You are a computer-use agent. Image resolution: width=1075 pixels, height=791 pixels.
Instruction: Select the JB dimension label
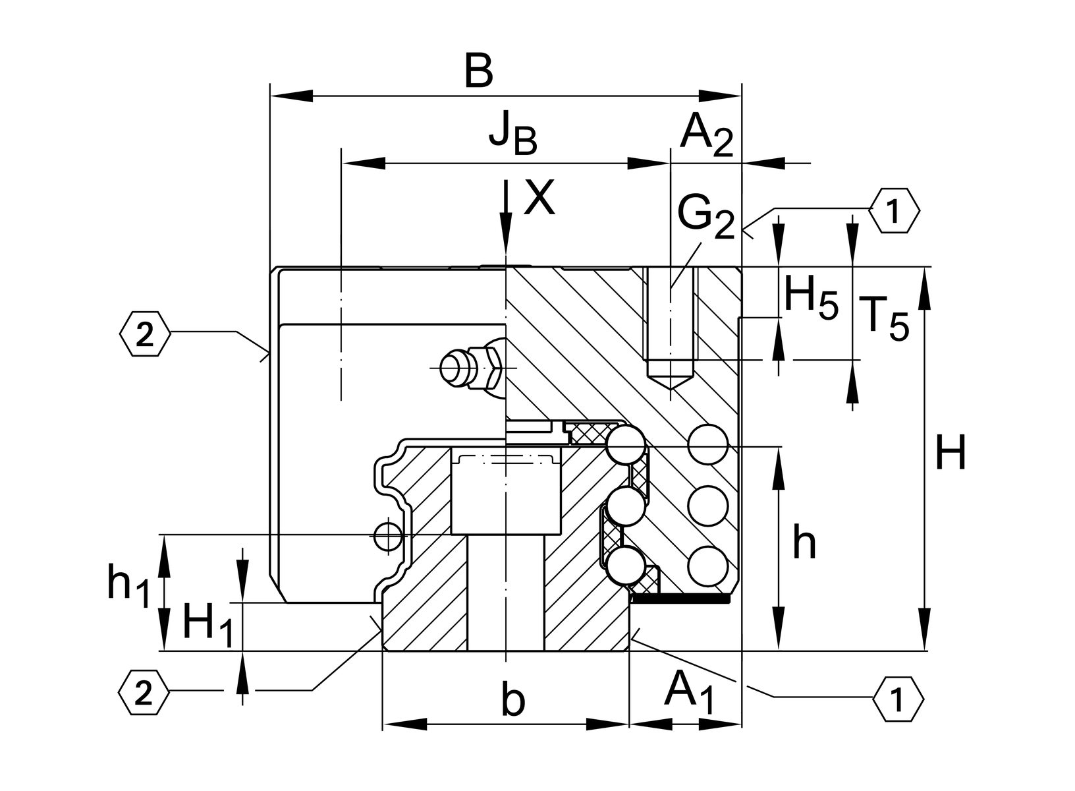tap(512, 134)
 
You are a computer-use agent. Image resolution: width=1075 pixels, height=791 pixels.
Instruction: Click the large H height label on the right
tap(951, 454)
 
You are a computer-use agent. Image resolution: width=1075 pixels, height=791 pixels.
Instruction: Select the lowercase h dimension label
tap(804, 544)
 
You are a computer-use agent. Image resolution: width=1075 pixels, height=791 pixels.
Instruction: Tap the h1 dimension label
tap(128, 585)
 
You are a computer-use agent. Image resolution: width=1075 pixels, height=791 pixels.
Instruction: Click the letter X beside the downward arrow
tap(539, 198)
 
